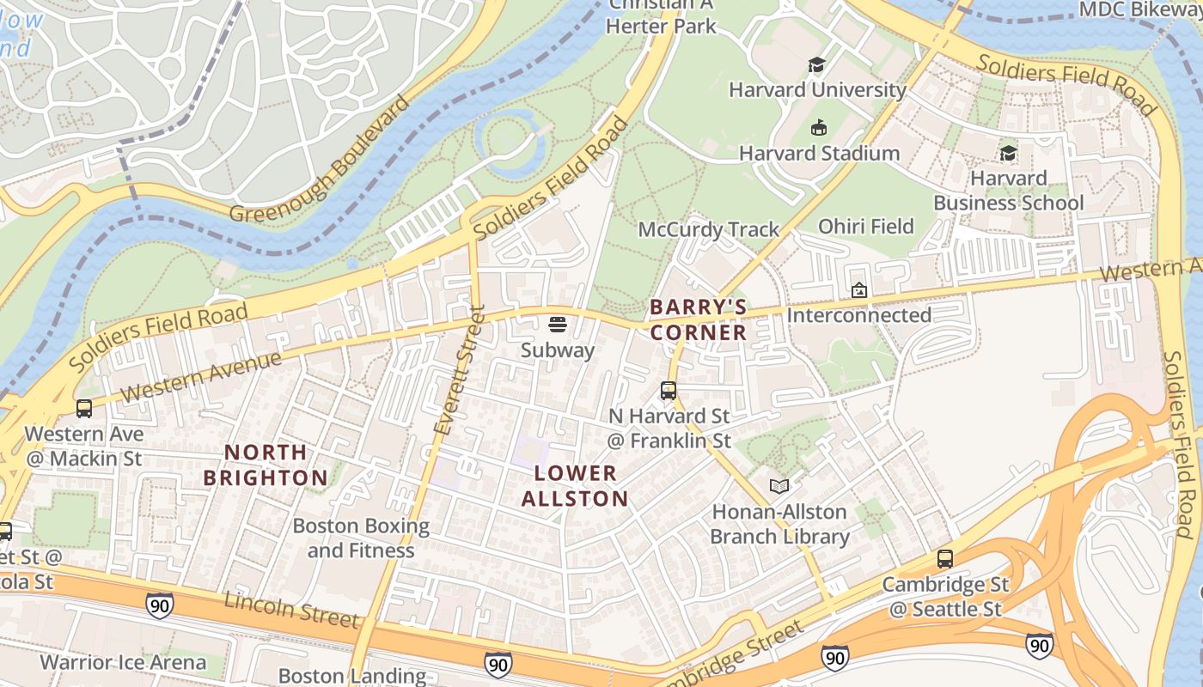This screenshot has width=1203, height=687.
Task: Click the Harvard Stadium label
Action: [819, 154]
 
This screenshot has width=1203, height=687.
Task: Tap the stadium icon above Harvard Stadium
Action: [817, 128]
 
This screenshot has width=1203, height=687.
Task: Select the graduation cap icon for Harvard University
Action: [816, 65]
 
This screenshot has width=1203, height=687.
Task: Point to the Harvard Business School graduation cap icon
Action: [1008, 154]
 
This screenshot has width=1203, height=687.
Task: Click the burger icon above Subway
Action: [557, 325]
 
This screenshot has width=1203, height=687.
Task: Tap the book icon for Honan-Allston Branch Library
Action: [779, 487]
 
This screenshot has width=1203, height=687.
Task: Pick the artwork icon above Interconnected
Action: [858, 290]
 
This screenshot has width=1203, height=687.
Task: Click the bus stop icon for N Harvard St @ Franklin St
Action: [669, 391]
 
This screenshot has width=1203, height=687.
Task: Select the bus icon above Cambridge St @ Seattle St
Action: [945, 559]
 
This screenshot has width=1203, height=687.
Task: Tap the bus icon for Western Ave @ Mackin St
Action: [83, 409]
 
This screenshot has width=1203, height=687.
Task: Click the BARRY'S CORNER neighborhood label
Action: [698, 319]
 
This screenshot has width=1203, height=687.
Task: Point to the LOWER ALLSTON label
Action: [575, 485]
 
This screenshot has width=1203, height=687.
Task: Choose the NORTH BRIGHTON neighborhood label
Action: [265, 465]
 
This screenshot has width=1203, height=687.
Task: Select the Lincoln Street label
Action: [290, 609]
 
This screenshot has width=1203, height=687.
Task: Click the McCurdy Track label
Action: [708, 229]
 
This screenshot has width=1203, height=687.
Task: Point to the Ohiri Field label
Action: [865, 226]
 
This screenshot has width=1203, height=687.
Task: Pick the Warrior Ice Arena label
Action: [123, 662]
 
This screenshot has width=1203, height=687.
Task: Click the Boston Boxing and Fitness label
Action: [361, 538]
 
